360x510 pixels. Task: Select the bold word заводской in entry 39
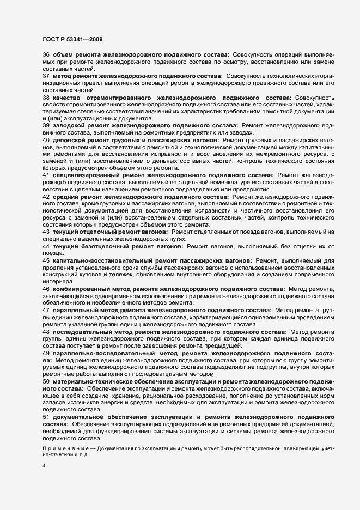69,125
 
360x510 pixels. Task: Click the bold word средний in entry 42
66,196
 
